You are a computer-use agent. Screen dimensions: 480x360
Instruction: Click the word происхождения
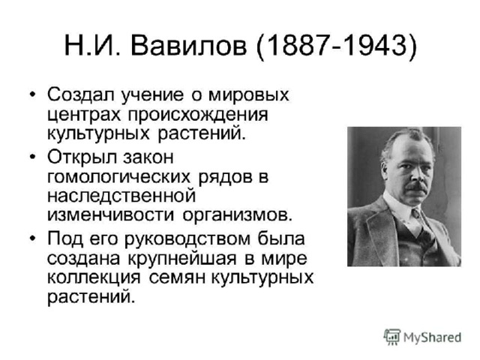198,115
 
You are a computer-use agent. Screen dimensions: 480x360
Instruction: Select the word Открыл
82,157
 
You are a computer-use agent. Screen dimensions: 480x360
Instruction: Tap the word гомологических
119,178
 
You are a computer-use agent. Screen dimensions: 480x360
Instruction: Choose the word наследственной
121,196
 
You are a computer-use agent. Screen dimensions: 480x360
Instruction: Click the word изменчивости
111,214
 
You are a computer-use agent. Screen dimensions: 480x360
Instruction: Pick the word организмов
238,215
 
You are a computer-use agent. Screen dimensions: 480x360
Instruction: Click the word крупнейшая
182,259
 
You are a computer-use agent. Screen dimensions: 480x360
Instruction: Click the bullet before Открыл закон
32,157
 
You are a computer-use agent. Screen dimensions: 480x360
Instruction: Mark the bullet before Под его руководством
32,238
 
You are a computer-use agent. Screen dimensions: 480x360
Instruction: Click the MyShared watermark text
432,337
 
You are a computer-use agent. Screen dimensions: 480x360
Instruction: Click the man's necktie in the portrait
417,218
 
